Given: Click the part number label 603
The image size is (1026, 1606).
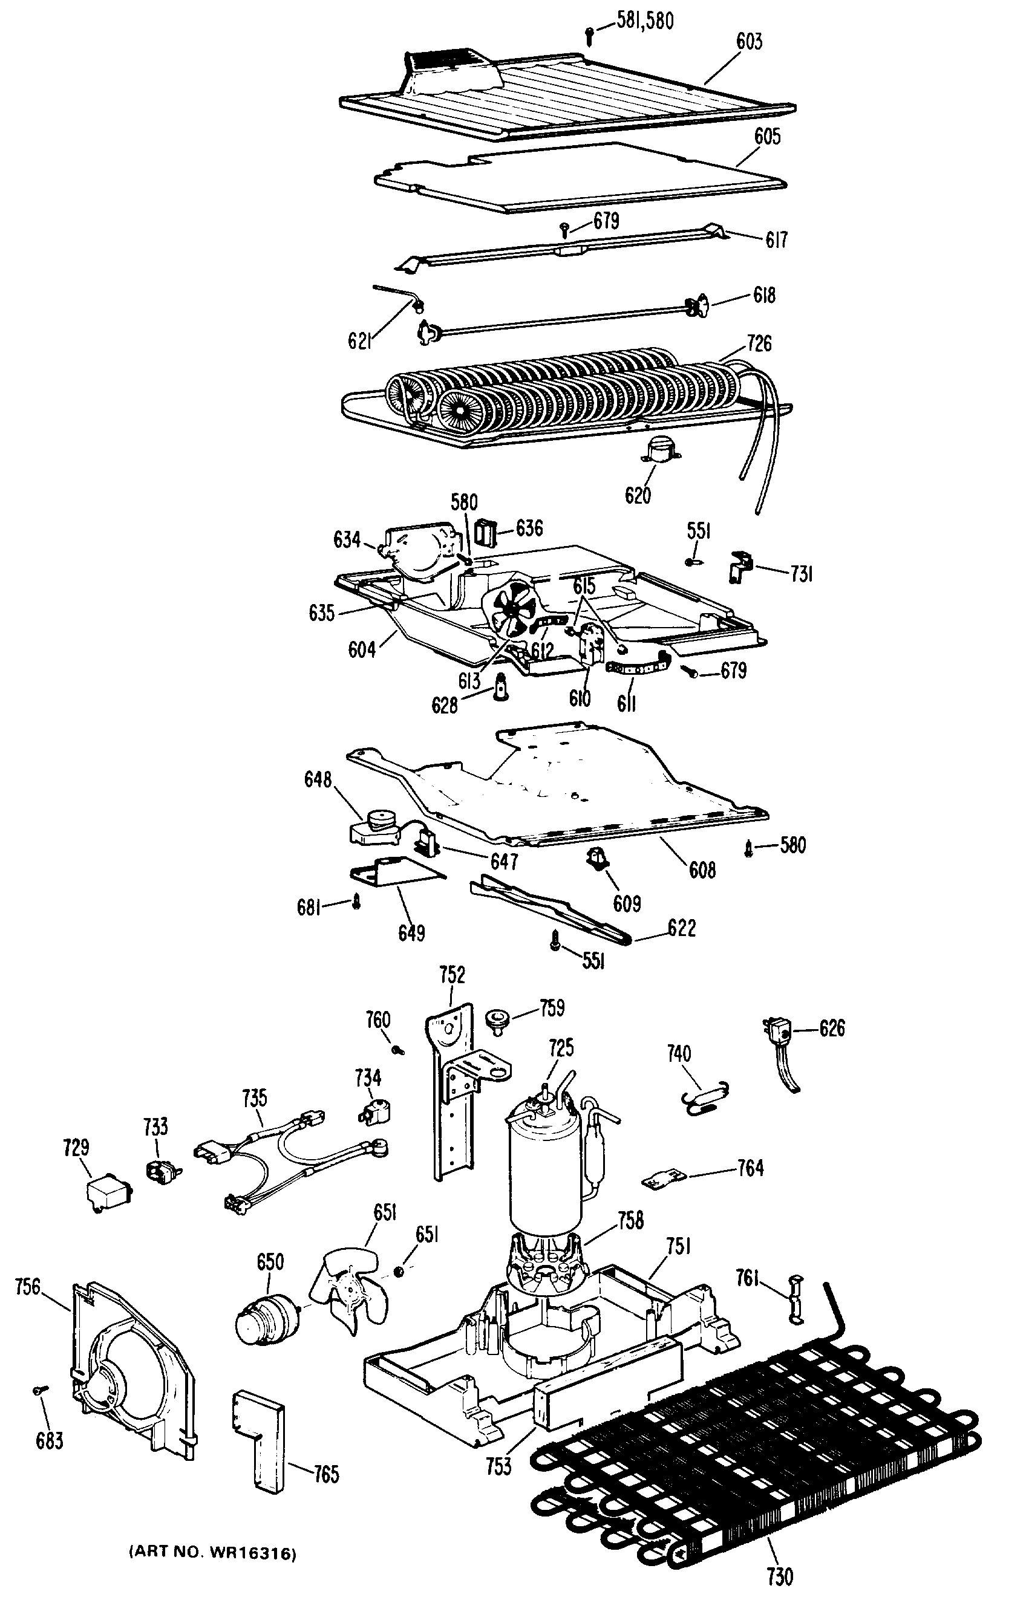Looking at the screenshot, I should [x=748, y=42].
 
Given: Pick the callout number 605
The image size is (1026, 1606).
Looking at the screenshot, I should [x=766, y=137].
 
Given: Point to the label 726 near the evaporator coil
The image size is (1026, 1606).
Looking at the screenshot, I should [x=759, y=343].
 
